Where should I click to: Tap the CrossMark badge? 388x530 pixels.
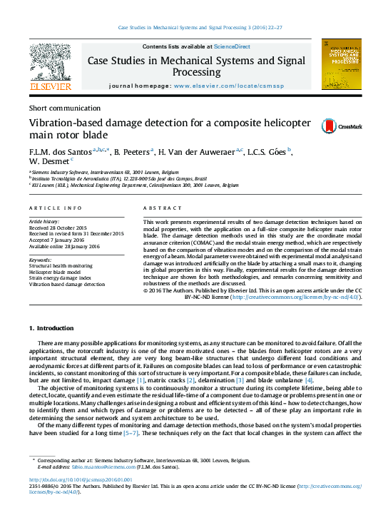(332, 126)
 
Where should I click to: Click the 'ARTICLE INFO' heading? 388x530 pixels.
(55, 208)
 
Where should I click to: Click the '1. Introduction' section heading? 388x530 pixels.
(51, 327)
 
